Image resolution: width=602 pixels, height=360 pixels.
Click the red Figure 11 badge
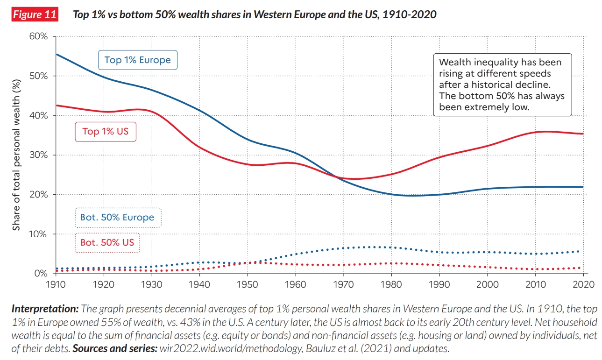pos(34,14)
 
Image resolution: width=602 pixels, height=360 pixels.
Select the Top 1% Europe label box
pos(137,60)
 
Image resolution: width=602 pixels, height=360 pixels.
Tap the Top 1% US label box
pos(105,131)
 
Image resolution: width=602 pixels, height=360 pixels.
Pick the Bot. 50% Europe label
pos(118,218)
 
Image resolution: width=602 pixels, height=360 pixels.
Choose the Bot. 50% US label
pos(107,242)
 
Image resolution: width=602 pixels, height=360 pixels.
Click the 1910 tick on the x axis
pos(55,283)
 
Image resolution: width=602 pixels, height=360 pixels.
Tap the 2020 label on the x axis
pos(583,283)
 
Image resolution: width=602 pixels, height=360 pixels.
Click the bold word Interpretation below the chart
pos(45,309)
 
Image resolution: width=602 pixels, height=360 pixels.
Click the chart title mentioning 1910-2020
pos(255,14)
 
